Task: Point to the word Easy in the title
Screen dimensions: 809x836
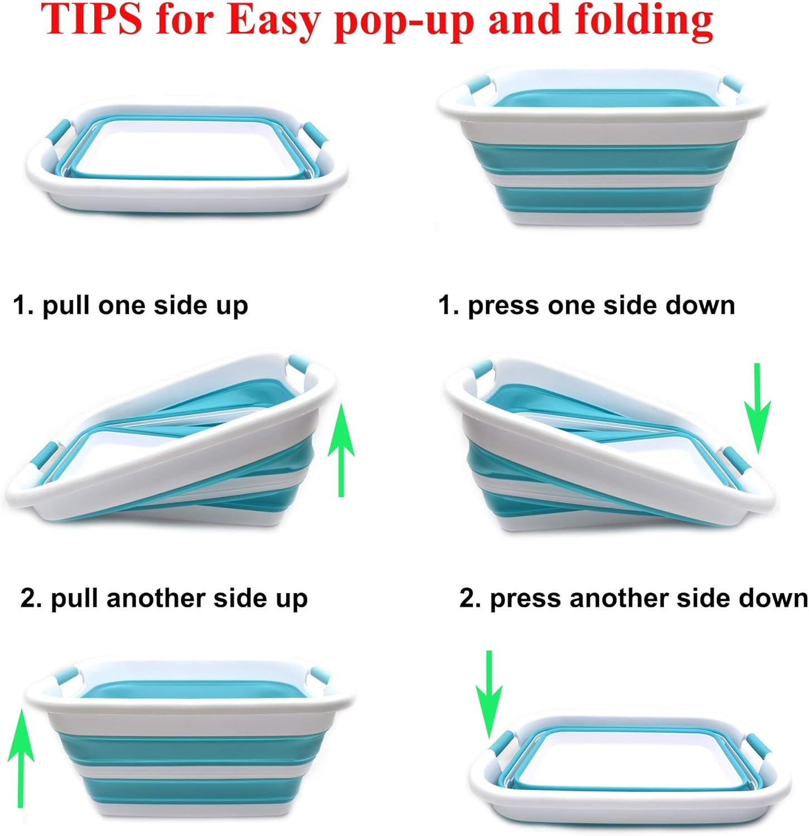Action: click(x=277, y=22)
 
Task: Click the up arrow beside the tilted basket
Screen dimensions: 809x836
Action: click(x=341, y=450)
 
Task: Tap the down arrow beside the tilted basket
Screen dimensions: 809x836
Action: click(x=757, y=409)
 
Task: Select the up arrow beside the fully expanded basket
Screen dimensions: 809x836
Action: click(x=21, y=757)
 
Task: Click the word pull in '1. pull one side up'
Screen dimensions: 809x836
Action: click(x=67, y=307)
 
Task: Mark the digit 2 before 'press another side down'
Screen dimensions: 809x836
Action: click(x=467, y=599)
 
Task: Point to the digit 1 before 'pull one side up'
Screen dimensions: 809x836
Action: click(x=20, y=306)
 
